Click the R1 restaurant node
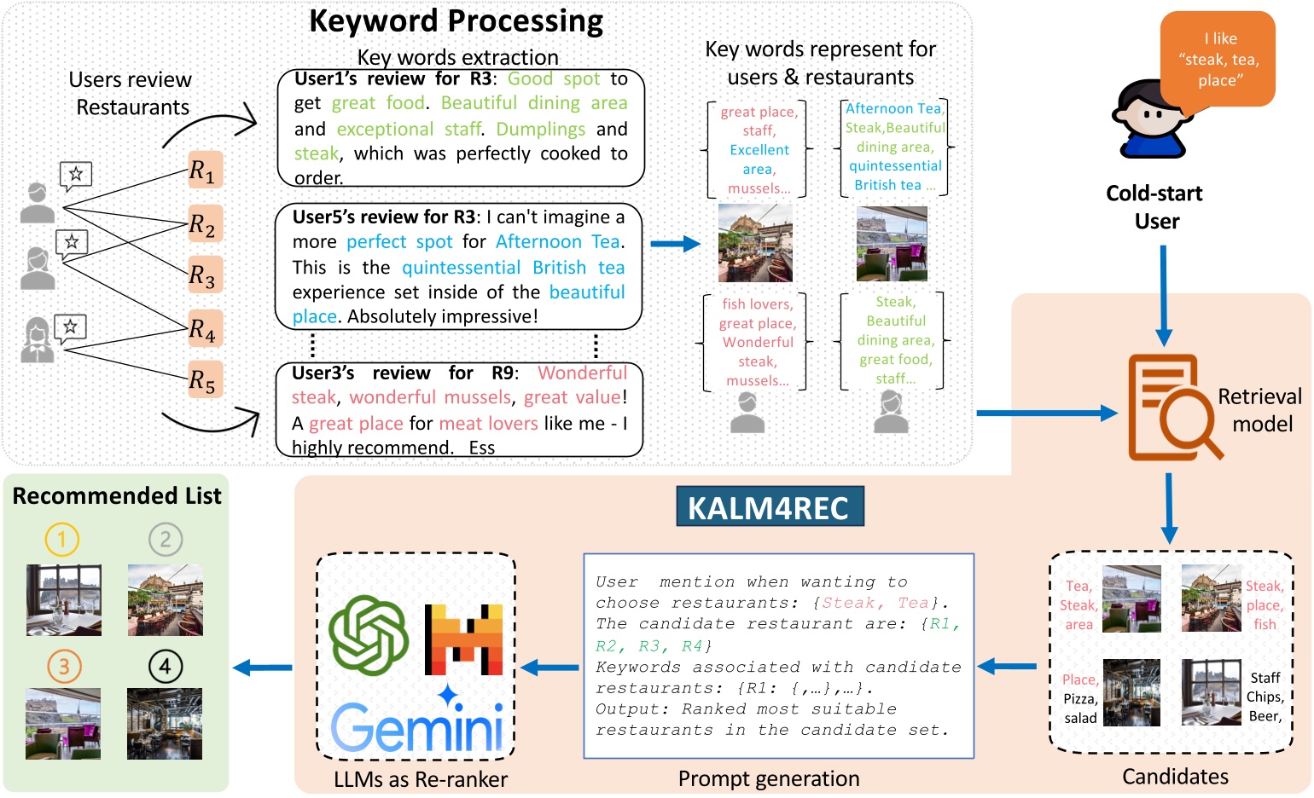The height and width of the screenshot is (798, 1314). point(205,171)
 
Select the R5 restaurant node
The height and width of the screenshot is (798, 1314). point(205,379)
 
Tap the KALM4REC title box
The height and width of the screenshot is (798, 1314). point(770,507)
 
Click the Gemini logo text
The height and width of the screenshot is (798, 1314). point(416,726)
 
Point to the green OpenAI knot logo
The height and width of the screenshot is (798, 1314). point(369,634)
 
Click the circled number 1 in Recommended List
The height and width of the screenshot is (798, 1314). point(61,539)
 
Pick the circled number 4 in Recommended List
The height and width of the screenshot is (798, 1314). point(165,666)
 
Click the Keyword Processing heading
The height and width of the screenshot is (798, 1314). point(456,20)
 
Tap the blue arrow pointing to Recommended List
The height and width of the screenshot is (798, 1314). point(263,668)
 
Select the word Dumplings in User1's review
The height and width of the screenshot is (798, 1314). point(540,129)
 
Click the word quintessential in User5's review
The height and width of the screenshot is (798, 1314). point(461,267)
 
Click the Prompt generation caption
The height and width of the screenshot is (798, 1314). point(769,778)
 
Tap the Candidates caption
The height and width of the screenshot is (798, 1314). point(1175,776)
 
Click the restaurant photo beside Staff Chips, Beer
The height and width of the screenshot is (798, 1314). point(1211,692)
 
